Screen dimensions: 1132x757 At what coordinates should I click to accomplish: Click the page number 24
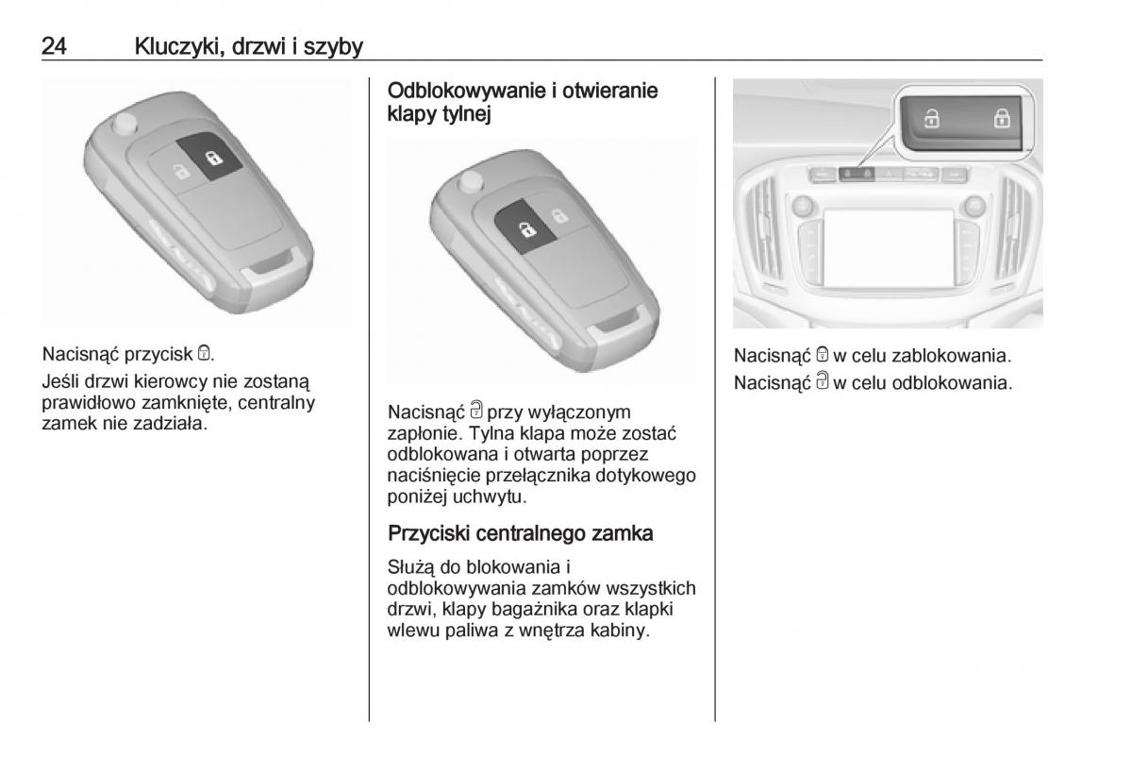pos(54,46)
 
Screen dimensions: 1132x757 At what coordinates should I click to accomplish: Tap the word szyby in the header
pos(334,47)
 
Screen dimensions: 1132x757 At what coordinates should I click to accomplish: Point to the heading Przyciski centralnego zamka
pos(520,533)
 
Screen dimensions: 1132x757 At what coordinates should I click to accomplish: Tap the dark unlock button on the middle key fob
pos(525,227)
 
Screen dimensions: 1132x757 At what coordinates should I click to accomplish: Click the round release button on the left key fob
pos(125,124)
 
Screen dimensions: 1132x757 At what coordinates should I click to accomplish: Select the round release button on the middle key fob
pos(471,182)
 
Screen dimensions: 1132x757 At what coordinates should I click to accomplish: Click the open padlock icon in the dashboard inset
pos(931,119)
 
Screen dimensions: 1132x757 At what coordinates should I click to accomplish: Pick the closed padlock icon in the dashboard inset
pos(1002,118)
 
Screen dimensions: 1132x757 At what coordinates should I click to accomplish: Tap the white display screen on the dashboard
pos(889,248)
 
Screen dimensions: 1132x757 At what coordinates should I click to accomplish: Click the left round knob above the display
pos(803,206)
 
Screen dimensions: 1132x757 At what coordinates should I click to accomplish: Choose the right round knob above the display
pos(974,207)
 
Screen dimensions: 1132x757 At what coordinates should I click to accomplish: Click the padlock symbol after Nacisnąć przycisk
pos(204,353)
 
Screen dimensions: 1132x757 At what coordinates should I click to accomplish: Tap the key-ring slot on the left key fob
pos(274,263)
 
